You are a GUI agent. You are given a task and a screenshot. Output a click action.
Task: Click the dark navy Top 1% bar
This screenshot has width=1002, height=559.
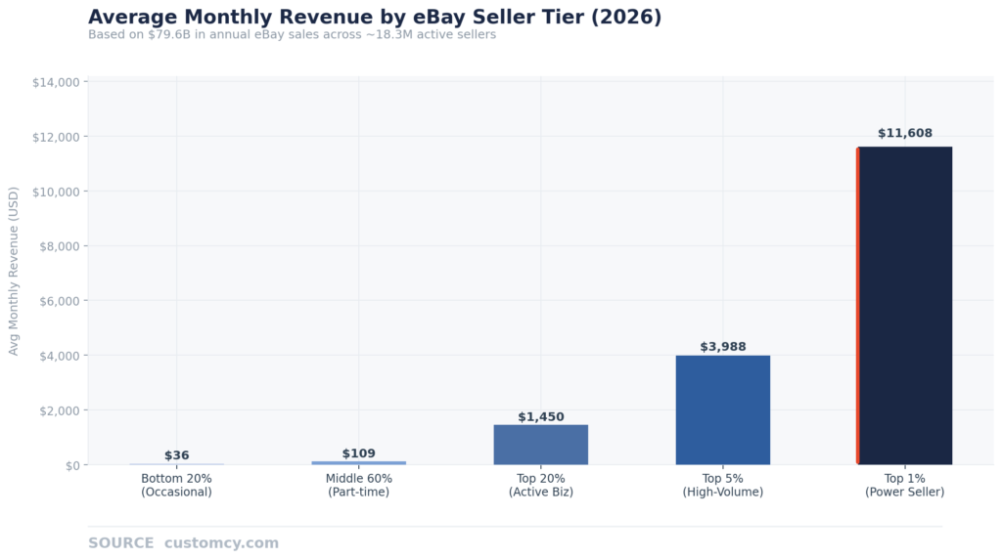point(905,306)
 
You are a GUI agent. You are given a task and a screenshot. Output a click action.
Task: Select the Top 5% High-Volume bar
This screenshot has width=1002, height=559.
point(723,409)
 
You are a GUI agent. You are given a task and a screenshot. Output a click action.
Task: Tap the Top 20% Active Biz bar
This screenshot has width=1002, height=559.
point(541,445)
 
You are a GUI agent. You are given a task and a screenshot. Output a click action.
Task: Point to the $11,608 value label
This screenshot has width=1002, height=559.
point(904,133)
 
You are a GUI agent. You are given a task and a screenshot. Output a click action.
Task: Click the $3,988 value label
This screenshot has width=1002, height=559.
point(723,347)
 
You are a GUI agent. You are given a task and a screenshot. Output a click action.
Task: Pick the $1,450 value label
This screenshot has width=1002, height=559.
point(541,417)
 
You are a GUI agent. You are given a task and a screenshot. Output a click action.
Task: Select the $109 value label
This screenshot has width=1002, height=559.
point(359,453)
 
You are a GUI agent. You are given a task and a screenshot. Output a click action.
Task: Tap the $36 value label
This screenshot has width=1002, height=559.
point(177,455)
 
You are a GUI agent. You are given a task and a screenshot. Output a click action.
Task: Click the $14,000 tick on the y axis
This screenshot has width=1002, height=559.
point(56,82)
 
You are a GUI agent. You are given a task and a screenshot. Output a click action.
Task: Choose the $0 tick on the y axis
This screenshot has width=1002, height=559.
point(72,465)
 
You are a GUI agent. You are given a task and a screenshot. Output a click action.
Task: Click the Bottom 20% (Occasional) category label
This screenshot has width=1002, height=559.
point(177,486)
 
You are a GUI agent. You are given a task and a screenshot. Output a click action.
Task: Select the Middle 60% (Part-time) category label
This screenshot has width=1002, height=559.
point(359,486)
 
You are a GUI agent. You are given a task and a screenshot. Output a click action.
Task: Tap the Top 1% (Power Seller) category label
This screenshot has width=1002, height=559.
point(905,486)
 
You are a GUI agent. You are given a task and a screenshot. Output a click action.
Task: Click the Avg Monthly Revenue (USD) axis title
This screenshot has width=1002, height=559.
point(14,273)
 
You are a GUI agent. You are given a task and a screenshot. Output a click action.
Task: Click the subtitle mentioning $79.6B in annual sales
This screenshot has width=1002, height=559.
point(292,35)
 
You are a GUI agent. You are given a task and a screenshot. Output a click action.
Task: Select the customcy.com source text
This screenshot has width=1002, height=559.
point(221,543)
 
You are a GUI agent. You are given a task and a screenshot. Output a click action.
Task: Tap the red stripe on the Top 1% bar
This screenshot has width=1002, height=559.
point(858,306)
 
